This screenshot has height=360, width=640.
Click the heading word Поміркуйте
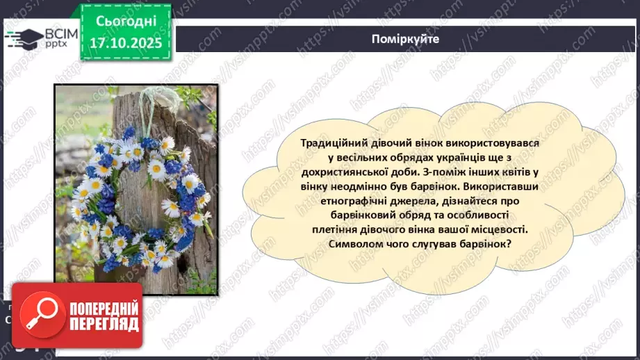pyautogui.click(x=405, y=40)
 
